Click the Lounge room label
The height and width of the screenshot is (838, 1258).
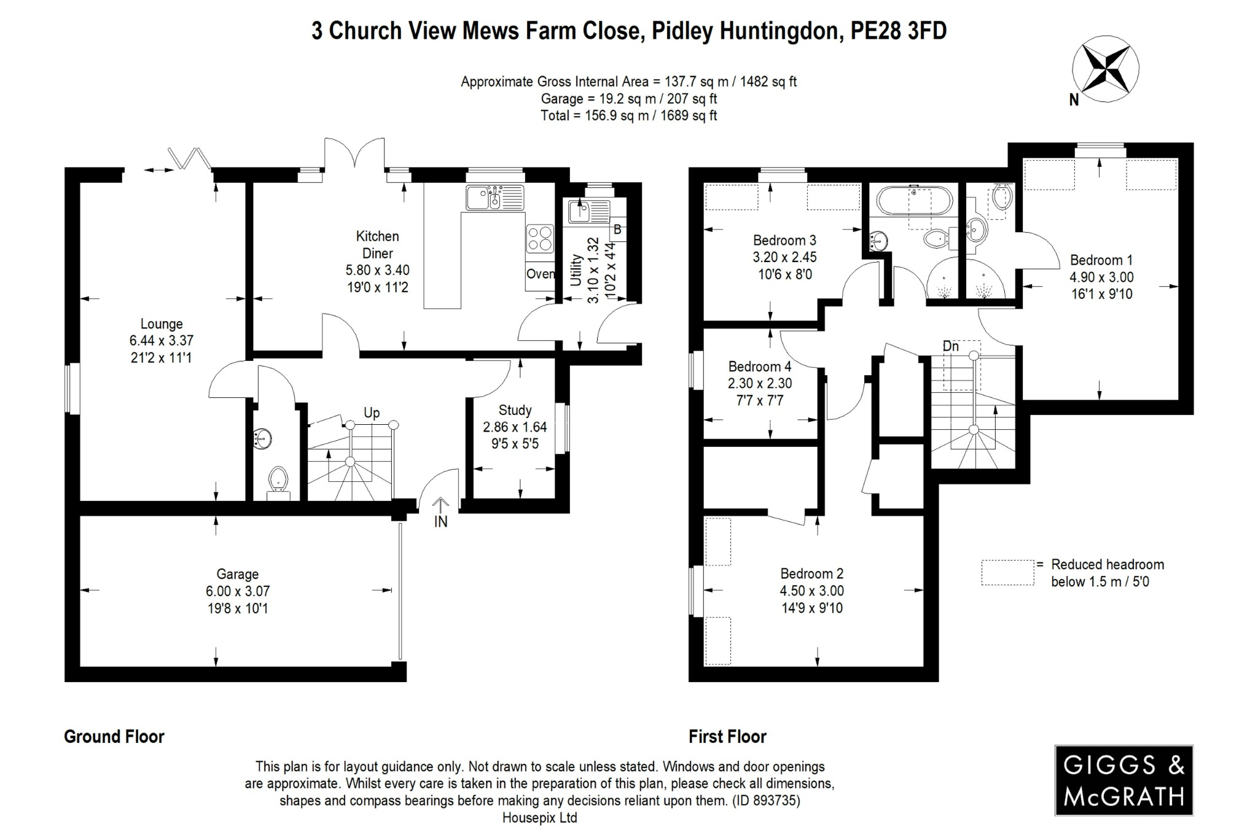click(x=162, y=324)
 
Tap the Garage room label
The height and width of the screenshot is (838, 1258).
click(x=237, y=575)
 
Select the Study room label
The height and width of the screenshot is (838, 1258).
click(x=515, y=411)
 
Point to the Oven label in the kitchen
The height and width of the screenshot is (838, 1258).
click(x=541, y=274)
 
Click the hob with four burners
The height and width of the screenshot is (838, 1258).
click(x=540, y=239)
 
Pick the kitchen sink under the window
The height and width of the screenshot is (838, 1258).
click(x=494, y=198)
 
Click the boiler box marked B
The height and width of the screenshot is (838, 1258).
click(x=617, y=230)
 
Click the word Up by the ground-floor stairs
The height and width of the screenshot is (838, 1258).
click(x=372, y=413)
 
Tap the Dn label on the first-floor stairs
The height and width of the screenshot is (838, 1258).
click(x=950, y=347)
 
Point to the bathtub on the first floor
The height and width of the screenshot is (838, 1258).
click(x=914, y=200)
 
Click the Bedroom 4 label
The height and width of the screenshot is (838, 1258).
click(x=760, y=367)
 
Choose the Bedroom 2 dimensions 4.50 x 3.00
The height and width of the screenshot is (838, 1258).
click(x=811, y=591)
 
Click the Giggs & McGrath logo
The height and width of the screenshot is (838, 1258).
click(x=1123, y=780)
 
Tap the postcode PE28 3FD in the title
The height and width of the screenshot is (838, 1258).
click(x=898, y=31)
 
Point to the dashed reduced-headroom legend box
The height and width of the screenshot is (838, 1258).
click(x=1007, y=572)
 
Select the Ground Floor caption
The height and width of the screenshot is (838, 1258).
click(x=114, y=737)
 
